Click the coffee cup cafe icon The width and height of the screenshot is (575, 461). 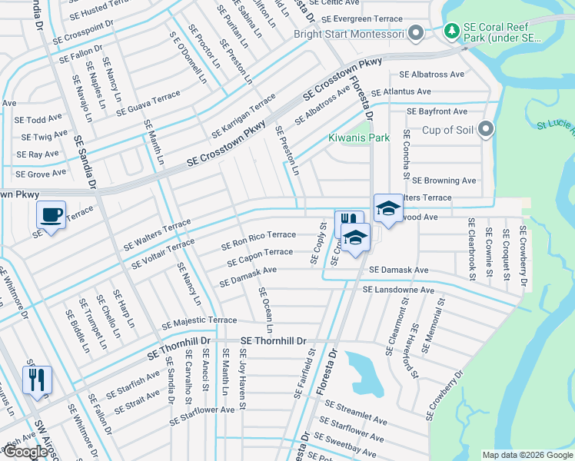tap(51, 214)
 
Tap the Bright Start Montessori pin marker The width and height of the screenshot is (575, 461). tap(416, 33)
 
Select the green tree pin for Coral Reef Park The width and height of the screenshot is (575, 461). tap(452, 33)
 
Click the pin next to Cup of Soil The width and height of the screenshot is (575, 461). tap(485, 130)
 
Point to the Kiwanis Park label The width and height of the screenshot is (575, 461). tap(359, 138)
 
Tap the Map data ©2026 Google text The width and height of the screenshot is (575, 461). tap(527, 455)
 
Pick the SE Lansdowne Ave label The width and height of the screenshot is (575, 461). tap(398, 290)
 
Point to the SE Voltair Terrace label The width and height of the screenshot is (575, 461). tap(162, 254)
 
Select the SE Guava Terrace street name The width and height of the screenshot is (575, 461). tap(148, 104)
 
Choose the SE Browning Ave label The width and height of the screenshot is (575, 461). tap(444, 181)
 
